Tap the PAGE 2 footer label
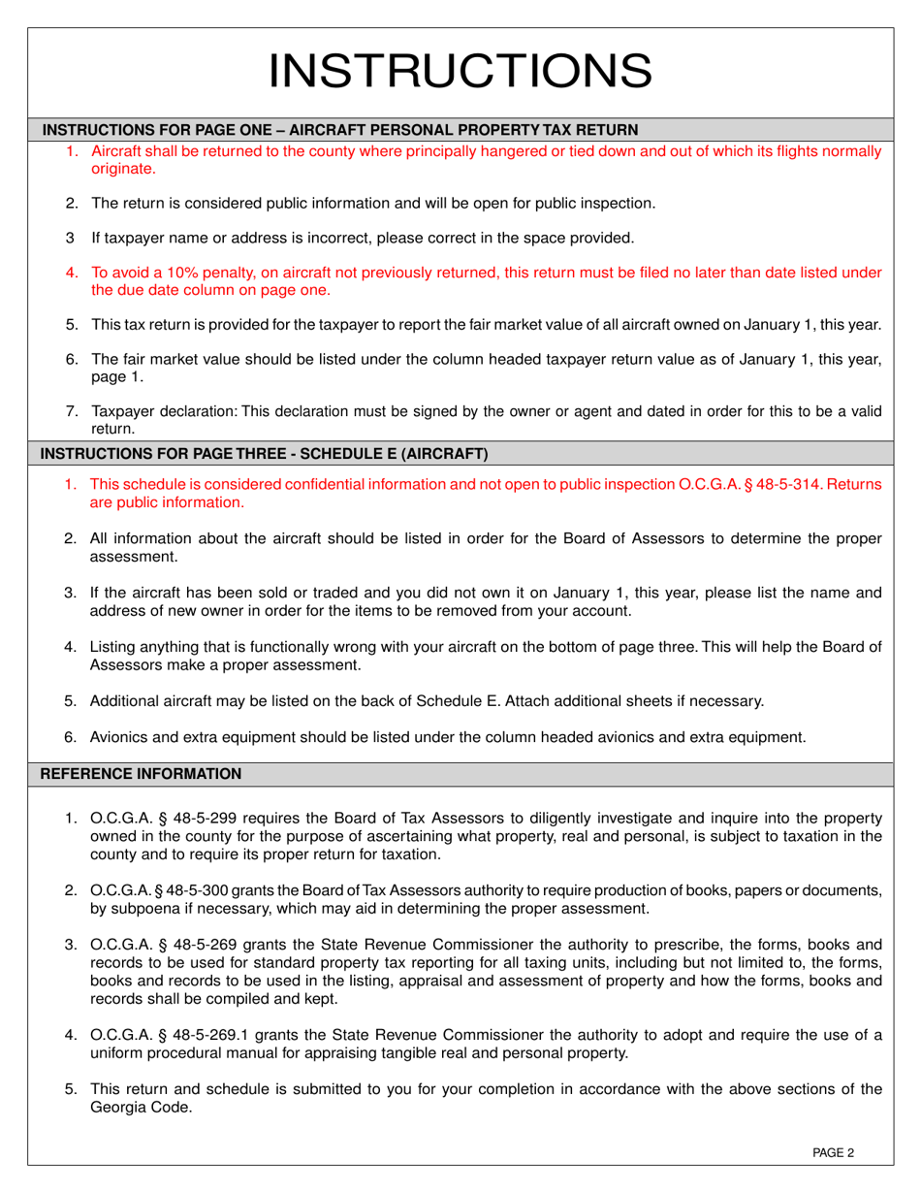tap(833, 1152)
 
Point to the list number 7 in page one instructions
tap(71, 410)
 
